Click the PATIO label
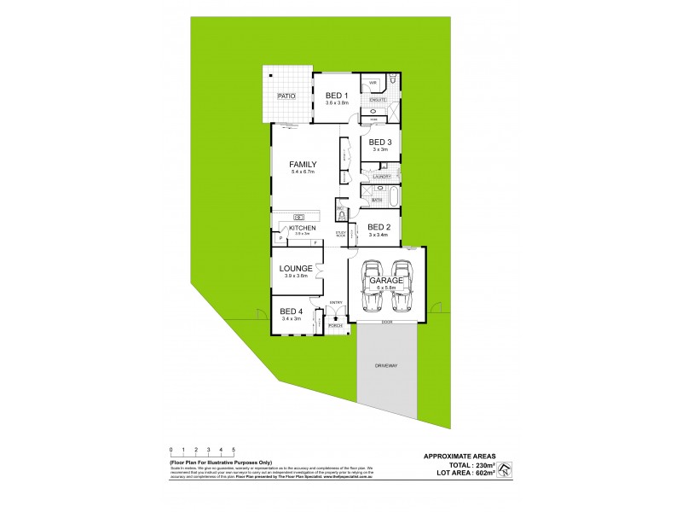(286, 96)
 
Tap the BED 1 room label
(337, 95)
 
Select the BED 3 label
(380, 142)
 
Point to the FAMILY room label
(303, 165)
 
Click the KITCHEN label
(302, 228)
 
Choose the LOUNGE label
(296, 268)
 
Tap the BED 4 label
(291, 311)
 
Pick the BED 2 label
(379, 227)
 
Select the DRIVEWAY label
(387, 365)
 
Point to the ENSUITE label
(378, 101)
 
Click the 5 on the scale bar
(234, 449)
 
